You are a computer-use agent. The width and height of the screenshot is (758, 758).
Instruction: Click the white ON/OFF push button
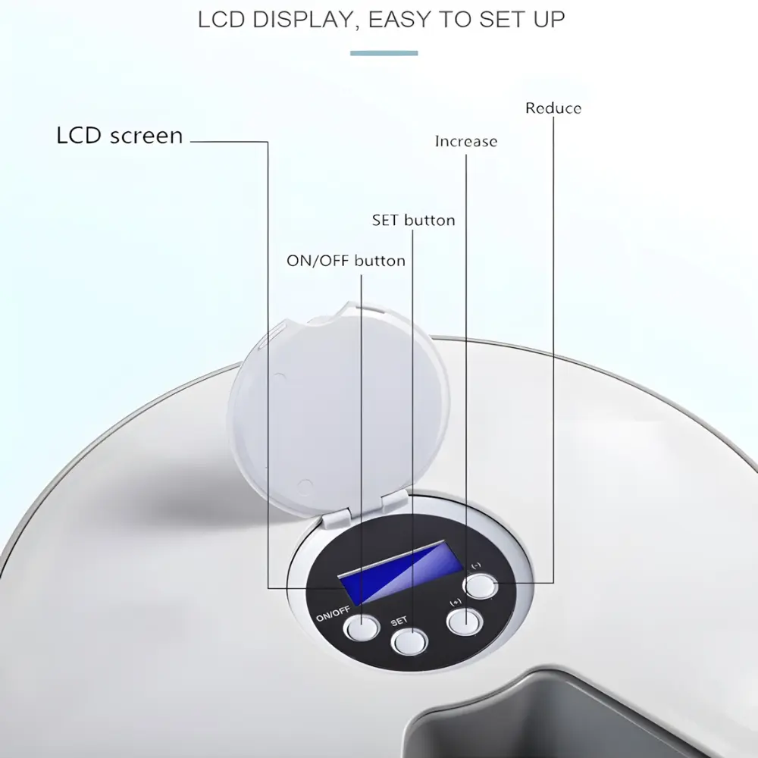coord(361,628)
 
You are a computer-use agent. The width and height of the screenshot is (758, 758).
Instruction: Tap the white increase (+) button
coord(465,622)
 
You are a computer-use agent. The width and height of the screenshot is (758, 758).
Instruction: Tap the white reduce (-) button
coord(480,586)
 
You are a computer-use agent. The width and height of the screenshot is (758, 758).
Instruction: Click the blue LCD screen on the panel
coord(399,572)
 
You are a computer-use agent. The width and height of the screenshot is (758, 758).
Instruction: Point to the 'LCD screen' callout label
coord(120,136)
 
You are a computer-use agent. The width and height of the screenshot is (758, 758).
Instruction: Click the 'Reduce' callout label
coord(553,108)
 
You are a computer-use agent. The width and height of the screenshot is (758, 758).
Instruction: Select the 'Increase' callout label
coord(466,141)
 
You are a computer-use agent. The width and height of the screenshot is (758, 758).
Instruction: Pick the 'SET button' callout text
coord(413,221)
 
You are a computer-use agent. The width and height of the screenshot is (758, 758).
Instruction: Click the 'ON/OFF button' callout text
coord(346,261)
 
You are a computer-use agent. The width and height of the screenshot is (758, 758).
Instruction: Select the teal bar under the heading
coord(384,53)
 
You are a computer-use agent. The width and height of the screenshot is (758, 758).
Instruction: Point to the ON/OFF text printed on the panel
coord(333,614)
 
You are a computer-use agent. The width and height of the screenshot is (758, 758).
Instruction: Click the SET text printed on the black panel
coord(399,622)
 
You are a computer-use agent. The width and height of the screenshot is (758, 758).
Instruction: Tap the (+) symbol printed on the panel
coord(456,603)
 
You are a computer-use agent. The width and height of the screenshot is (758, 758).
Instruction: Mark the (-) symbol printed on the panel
coord(476,565)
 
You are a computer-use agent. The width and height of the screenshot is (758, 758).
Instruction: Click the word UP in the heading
coord(549,20)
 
